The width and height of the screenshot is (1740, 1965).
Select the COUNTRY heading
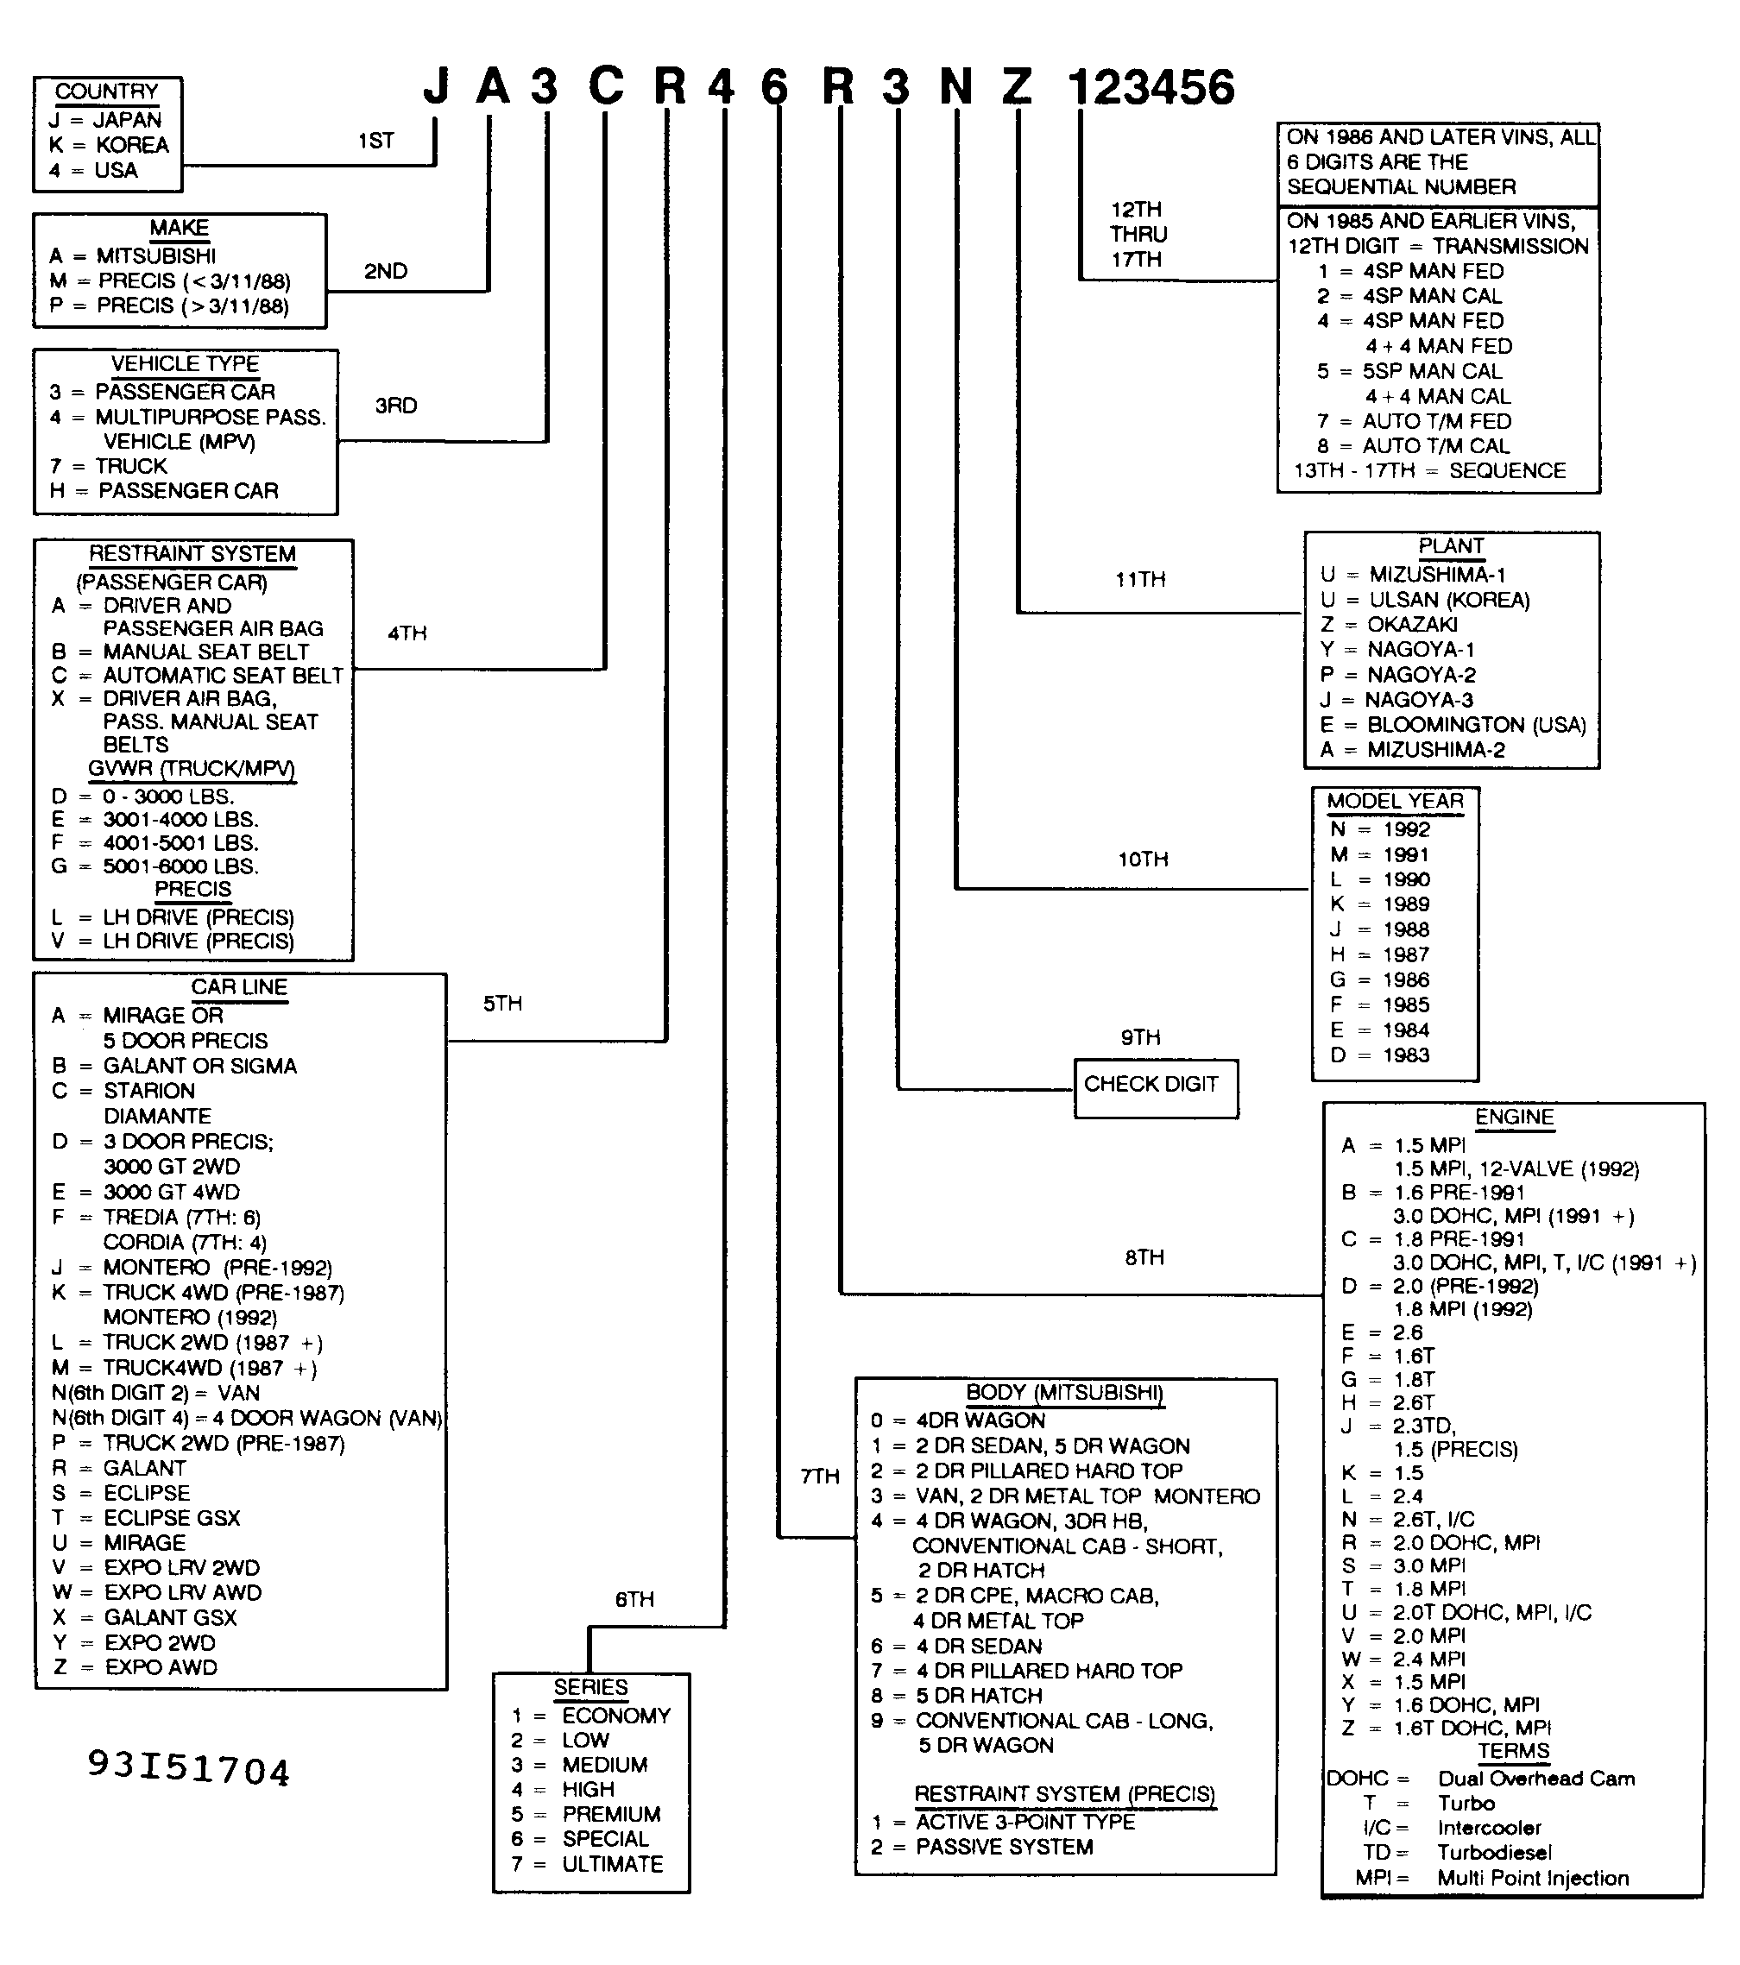107,91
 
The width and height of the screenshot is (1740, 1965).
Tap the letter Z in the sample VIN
1017,87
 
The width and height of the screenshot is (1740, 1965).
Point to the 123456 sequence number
1151,87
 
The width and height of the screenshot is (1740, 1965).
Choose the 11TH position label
1140,579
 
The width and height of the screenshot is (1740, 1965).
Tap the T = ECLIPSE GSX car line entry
146,1517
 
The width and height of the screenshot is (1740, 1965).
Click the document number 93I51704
188,1769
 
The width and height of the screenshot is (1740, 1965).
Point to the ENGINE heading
1514,1116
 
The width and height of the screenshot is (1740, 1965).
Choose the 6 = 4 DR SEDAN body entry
956,1646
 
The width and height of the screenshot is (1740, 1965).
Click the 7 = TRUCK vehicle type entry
109,465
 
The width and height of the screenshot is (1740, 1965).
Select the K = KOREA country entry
109,144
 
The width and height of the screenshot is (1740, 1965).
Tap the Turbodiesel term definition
1494,1852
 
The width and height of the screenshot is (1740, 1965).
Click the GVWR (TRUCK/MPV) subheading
192,768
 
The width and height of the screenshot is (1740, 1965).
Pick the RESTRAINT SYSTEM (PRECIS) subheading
1064,1794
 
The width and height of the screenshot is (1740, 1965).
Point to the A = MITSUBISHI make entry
133,255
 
